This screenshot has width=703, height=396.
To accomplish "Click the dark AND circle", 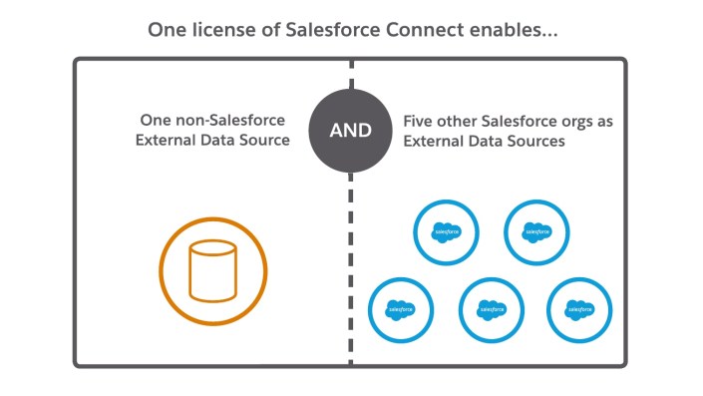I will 351,131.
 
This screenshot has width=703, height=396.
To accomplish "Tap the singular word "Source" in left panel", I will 264,141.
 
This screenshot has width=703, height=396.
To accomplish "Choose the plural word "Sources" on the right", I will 536,142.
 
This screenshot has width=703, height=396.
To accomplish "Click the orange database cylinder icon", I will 213,272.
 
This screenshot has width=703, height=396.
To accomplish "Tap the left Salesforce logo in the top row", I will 445,231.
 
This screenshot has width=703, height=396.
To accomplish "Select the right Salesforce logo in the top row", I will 536,231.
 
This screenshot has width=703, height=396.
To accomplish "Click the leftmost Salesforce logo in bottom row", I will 399,309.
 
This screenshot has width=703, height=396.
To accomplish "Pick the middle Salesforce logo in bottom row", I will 491,309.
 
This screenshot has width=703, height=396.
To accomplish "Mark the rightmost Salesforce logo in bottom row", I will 581,309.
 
